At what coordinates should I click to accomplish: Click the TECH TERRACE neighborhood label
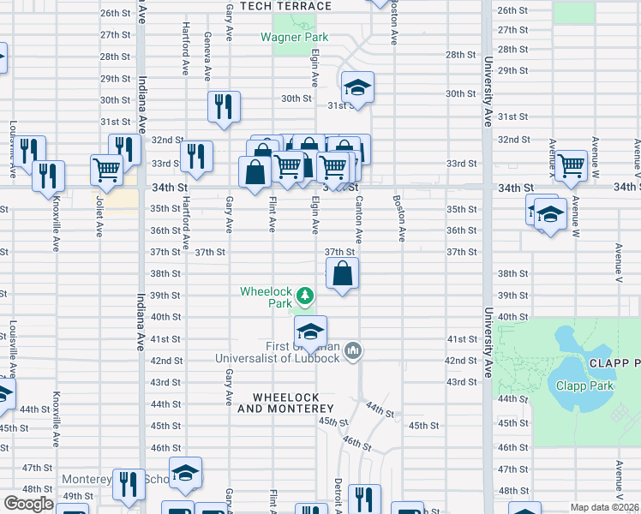285,6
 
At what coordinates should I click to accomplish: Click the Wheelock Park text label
266,297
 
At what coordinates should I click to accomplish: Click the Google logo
28,504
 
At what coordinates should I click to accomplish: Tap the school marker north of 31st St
357,87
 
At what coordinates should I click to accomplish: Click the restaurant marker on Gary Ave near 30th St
224,106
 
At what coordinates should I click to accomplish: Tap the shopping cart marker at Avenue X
571,165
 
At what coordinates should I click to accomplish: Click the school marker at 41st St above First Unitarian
310,332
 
